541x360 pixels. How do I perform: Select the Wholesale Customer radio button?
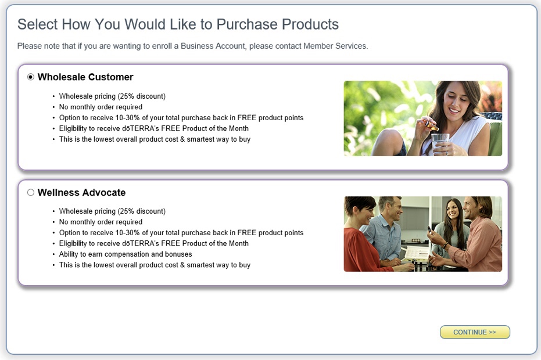point(31,77)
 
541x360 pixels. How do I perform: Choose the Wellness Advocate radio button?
point(31,192)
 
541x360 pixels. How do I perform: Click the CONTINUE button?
point(475,332)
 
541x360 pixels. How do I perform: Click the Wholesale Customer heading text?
point(85,77)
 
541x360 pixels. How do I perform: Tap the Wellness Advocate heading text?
point(81,192)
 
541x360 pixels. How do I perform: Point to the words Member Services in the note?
point(335,46)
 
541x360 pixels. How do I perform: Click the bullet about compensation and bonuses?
point(126,254)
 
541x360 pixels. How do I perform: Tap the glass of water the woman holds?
point(440,143)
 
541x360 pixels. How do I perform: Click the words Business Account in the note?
point(213,46)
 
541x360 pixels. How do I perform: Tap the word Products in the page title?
point(310,24)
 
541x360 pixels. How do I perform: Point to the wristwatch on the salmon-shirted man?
point(446,245)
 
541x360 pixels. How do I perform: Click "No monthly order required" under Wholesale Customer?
point(101,107)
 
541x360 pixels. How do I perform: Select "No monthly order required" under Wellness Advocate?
point(101,222)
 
